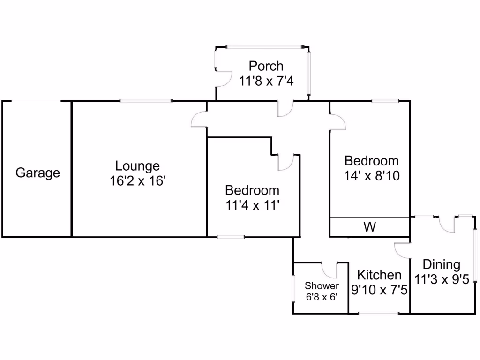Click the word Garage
click(x=38, y=173)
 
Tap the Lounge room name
click(x=137, y=166)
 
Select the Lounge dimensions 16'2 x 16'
click(x=137, y=181)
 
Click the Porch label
click(x=266, y=66)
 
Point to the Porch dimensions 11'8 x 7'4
click(x=266, y=81)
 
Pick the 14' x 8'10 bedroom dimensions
click(x=372, y=176)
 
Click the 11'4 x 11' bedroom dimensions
click(x=252, y=205)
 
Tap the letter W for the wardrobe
click(x=370, y=227)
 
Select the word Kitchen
click(x=379, y=275)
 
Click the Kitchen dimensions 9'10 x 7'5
click(x=379, y=290)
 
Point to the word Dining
click(x=441, y=265)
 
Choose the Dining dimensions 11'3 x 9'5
click(x=441, y=280)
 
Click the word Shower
click(x=322, y=286)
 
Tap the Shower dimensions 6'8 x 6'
click(x=322, y=297)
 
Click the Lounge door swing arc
click(x=199, y=120)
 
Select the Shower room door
click(x=330, y=270)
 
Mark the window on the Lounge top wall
click(x=146, y=101)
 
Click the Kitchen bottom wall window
click(x=379, y=313)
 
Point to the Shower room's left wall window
click(x=293, y=288)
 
